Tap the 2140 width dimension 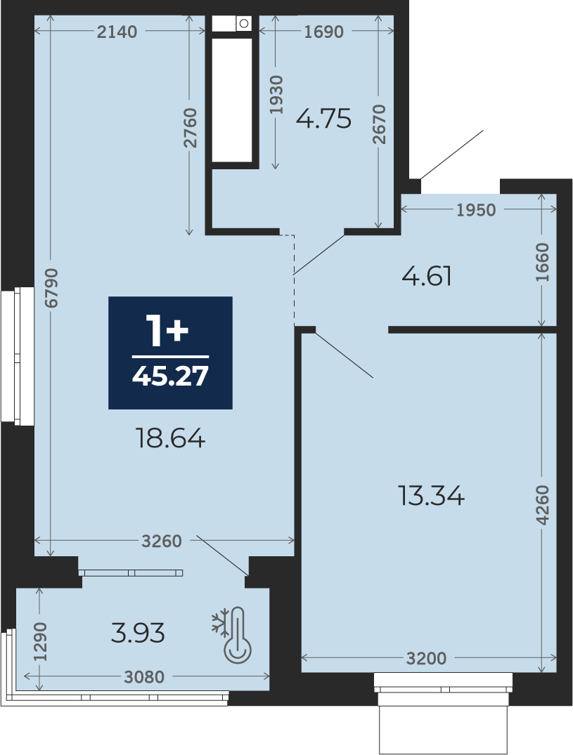[x=117, y=32]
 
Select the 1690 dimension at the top [x=324, y=32]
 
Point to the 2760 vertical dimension [x=190, y=128]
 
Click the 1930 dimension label [x=276, y=95]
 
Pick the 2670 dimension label [x=379, y=124]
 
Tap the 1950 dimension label [x=476, y=210]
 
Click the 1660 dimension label [x=542, y=263]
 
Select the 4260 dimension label [x=542, y=505]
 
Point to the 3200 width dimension [x=427, y=658]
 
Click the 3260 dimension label [x=162, y=541]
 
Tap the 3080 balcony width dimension [x=144, y=678]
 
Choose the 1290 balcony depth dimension [x=40, y=642]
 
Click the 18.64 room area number [x=171, y=439]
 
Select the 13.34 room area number [x=431, y=495]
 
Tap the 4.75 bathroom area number [x=323, y=119]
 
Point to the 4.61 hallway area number [x=427, y=277]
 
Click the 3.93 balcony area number [x=138, y=633]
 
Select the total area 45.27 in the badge [x=170, y=376]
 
